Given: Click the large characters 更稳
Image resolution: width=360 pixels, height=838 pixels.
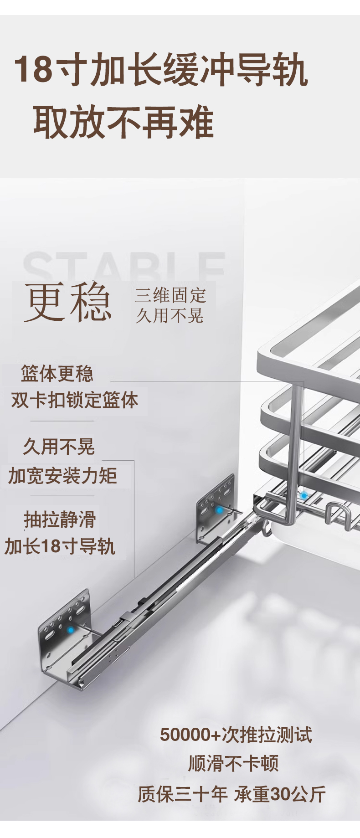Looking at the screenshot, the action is coord(68,302).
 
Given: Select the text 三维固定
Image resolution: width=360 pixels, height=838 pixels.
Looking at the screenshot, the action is coord(170,295).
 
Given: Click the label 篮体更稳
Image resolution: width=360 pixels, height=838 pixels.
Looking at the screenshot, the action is coord(57,374).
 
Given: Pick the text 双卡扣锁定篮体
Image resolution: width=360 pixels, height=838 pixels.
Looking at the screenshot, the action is coord(75,400).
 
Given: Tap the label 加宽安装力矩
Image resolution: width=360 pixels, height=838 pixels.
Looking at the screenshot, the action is coord(63,476).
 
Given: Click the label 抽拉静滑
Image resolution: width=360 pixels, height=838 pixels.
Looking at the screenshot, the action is coord(60,519).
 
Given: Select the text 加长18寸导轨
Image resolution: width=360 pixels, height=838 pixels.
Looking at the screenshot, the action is coord(60,546).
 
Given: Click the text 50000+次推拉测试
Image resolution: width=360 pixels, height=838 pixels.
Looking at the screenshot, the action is coord(236,735).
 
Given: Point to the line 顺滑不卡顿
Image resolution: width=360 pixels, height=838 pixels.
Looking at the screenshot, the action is coord(233,763).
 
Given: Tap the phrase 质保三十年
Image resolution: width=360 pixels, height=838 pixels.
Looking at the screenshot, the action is coord(183,794).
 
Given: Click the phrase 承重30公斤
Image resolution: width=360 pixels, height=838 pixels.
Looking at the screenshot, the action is coord(280,794).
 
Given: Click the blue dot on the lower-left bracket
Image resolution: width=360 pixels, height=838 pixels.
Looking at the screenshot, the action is coord(71,630).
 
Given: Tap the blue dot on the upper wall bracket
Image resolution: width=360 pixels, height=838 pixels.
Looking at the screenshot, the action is coord(219,510).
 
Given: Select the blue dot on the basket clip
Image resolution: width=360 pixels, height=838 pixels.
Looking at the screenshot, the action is coord(304,495).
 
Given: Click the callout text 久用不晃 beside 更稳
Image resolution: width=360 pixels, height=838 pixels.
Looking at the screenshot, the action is coord(170,315).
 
